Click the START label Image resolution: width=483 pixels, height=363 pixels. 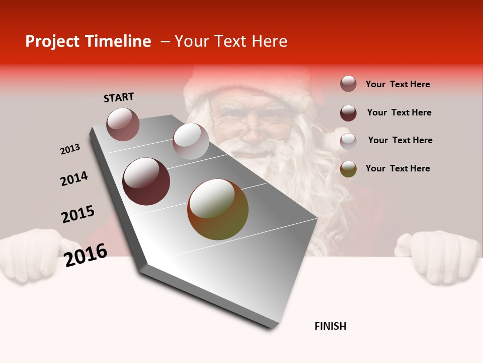tap(119, 97)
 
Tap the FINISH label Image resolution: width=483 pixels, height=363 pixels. tap(330, 326)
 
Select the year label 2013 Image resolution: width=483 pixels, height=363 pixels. tap(70, 149)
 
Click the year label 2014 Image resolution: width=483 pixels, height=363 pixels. tap(74, 178)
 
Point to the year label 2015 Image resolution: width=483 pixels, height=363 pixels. tap(78, 214)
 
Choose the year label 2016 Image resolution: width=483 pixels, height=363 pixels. tap(86, 255)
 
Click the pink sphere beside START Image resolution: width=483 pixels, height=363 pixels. tap(123, 124)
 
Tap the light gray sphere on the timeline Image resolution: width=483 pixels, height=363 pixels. tap(190, 141)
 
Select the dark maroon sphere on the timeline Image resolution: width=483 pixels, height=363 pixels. tap(146, 181)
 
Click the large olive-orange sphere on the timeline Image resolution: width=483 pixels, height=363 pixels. tap(218, 209)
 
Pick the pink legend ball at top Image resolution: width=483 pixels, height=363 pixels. tap(348, 84)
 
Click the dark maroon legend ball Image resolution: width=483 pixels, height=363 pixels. tap(348, 113)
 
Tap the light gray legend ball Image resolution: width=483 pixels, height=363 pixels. tap(348, 141)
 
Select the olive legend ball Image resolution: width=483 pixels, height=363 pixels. tap(348, 169)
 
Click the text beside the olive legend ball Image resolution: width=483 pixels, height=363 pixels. tap(397, 168)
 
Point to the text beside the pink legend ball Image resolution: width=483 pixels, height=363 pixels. tap(397, 84)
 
